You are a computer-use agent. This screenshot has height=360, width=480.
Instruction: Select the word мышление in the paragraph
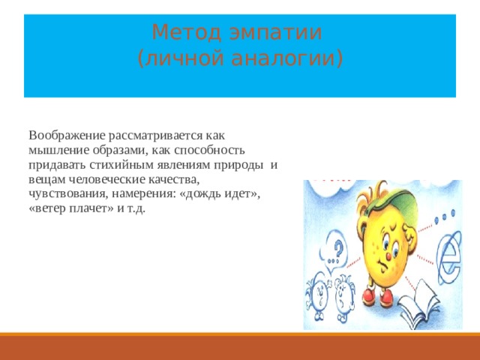point(57,150)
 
